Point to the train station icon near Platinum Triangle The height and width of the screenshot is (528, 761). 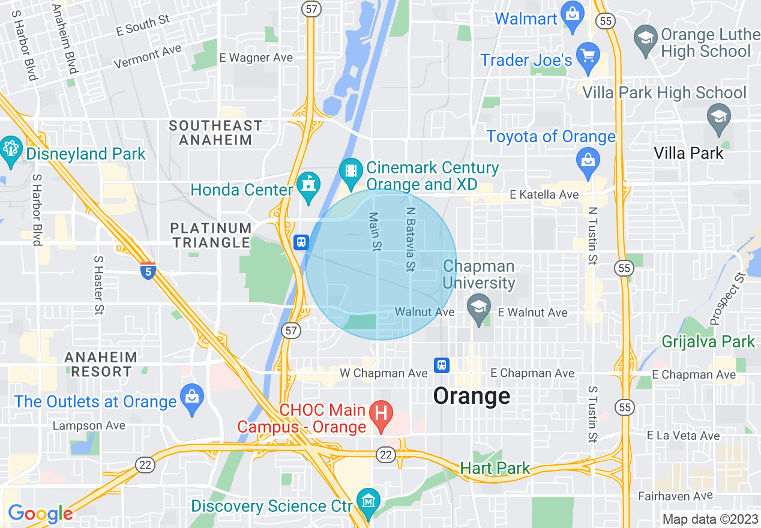[x=301, y=242]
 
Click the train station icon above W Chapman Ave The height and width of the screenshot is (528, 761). [x=442, y=364]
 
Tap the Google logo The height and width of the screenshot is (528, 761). [x=40, y=514]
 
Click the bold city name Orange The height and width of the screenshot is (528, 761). [x=472, y=396]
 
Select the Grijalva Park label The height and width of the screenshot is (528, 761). [x=708, y=342]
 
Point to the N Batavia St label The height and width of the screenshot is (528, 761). [x=411, y=239]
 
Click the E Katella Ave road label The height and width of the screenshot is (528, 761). [x=544, y=194]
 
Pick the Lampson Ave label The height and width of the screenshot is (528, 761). [x=89, y=425]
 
